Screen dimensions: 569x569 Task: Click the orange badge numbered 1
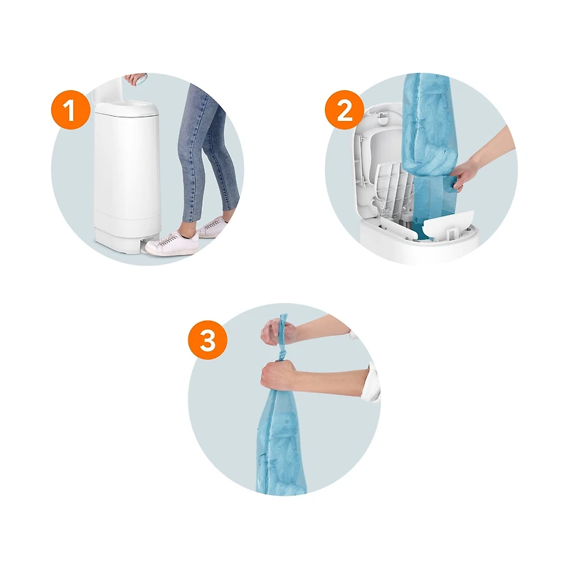tap(70, 110)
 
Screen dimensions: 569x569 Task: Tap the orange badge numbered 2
tap(344, 110)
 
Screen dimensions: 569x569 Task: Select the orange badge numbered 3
tap(208, 340)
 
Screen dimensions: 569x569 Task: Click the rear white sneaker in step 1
tap(210, 228)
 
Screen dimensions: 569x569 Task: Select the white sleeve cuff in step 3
tap(373, 382)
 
